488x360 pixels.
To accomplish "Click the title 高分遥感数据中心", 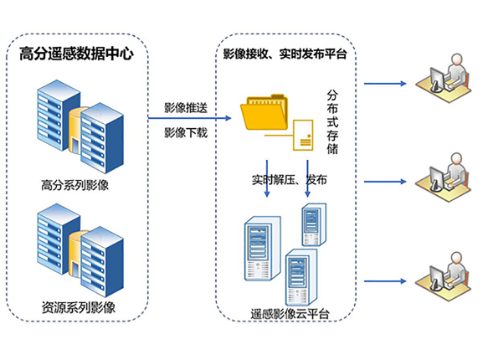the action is coord(76,54).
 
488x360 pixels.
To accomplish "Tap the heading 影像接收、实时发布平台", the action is coord(285,54).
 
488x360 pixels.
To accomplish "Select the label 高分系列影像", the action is coord(75,186).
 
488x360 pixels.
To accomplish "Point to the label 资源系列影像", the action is coord(79,307).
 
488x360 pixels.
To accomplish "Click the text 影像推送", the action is coord(186,108).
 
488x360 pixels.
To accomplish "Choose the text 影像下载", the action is coord(186,133).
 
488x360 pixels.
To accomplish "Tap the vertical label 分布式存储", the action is coord(332,121).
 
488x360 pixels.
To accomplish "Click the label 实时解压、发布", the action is coord(290,180).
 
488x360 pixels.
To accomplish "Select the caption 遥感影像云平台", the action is coord(290,314).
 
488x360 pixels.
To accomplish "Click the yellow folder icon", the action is coord(265,112).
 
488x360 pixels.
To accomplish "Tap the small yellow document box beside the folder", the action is coord(303,136).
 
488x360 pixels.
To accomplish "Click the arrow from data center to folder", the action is coord(189,118).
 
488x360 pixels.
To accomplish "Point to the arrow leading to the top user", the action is coord(385,84).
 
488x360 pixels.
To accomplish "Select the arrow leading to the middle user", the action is coord(385,182).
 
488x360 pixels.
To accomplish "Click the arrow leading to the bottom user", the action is coord(385,281).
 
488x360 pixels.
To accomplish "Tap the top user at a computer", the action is coord(444,78).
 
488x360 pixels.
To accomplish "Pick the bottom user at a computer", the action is coord(444,276).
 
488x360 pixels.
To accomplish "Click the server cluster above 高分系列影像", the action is coord(80,126).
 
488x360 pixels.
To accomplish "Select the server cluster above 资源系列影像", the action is coord(80,250).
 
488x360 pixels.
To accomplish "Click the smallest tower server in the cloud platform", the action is coord(315,224).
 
